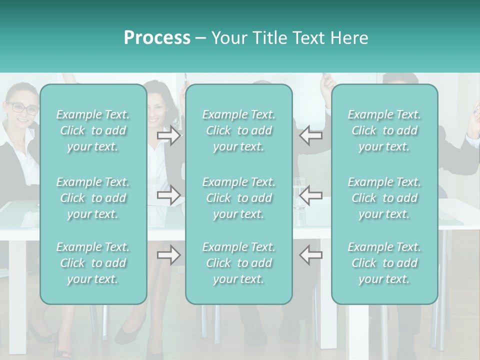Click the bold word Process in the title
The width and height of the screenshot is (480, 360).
[x=157, y=38]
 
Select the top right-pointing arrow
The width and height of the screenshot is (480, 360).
[x=169, y=135]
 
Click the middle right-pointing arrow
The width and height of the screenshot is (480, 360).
[x=169, y=195]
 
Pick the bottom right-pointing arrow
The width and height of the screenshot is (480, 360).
[x=169, y=255]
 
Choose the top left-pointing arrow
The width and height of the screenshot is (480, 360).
[x=311, y=135]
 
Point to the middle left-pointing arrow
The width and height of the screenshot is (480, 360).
[x=311, y=195]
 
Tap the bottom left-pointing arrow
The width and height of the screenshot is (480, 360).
[x=311, y=255]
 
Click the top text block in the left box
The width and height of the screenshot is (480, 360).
[x=93, y=130]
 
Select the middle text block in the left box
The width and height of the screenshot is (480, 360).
[x=93, y=198]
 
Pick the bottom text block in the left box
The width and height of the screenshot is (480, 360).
[x=93, y=263]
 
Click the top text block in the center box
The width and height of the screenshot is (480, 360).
[x=239, y=130]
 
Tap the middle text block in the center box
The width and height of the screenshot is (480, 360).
[x=239, y=198]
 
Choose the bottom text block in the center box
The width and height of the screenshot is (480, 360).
[x=239, y=263]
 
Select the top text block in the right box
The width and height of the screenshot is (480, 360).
[x=384, y=130]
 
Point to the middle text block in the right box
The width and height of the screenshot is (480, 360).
[x=384, y=198]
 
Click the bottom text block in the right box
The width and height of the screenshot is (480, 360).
[x=384, y=263]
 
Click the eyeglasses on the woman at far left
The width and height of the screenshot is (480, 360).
[x=22, y=107]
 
